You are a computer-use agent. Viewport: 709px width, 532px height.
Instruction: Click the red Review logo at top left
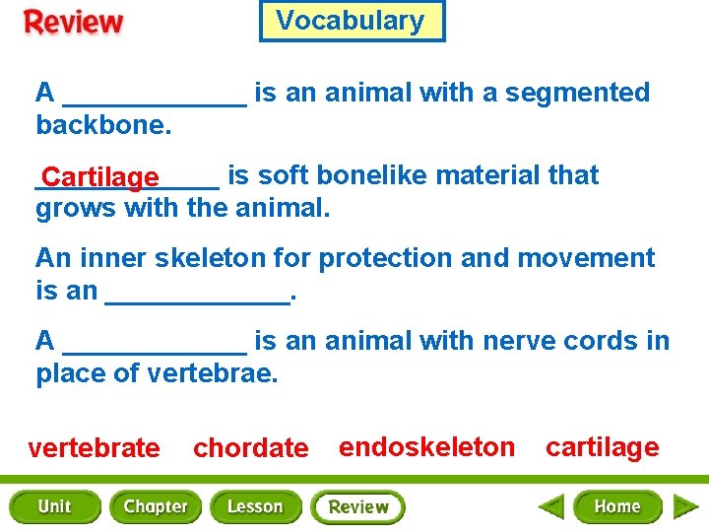pos(75,23)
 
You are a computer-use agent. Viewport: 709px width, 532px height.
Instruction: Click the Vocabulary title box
pos(352,21)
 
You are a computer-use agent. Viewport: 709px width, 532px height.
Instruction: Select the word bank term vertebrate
pos(95,448)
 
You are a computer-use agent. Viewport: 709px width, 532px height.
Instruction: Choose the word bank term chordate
pos(250,448)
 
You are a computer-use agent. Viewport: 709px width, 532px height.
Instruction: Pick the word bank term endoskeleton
pos(426,447)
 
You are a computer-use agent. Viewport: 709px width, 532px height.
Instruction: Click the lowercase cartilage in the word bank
pos(602,447)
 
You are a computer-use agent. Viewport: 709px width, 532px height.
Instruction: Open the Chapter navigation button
pos(155,506)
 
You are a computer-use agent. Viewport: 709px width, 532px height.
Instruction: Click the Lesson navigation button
pos(255,506)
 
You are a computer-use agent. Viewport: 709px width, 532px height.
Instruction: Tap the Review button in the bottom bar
pos(357,507)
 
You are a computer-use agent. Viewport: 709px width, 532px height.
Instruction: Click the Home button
pos(617,506)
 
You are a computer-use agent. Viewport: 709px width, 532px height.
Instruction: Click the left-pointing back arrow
pos(551,507)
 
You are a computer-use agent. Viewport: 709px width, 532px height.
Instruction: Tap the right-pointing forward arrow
pos(685,507)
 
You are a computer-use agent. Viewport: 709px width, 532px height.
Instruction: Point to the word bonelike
pos(373,175)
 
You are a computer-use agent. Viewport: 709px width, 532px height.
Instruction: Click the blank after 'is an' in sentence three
pos(197,294)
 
